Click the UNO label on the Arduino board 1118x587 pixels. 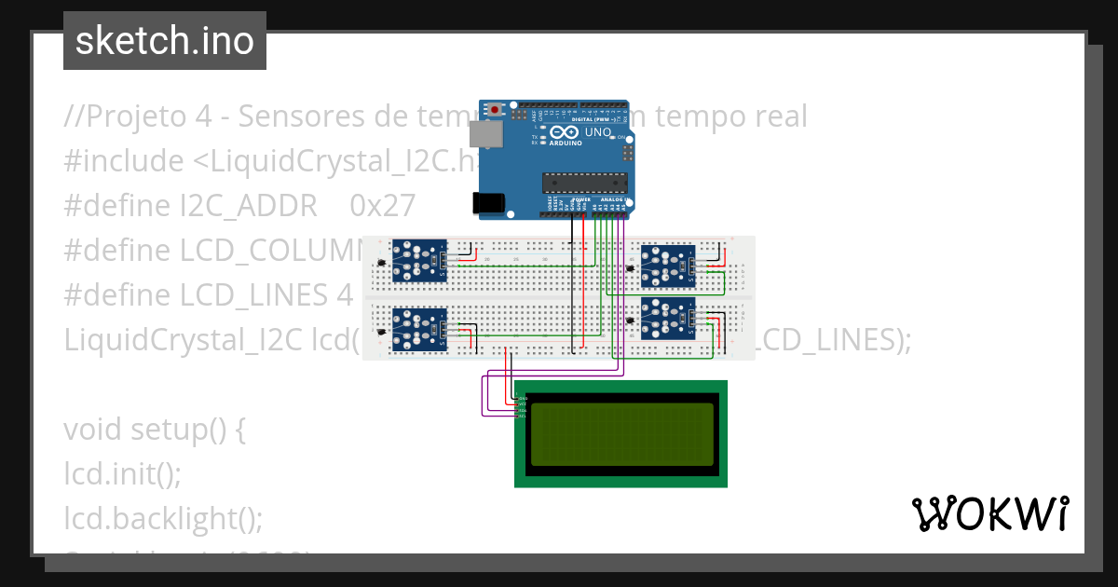click(598, 133)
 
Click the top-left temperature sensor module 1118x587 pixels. click(419, 261)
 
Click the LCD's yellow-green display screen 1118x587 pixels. click(621, 433)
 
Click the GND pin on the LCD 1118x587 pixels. click(521, 398)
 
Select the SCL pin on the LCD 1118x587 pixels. click(521, 416)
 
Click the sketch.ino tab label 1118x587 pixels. click(165, 41)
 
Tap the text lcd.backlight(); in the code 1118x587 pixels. click(164, 518)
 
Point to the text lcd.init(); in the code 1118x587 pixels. click(122, 474)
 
